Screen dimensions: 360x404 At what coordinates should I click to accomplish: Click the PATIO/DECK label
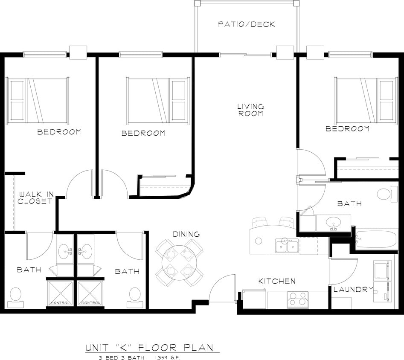pos(247,24)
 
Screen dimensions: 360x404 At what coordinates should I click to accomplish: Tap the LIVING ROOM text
pos(251,110)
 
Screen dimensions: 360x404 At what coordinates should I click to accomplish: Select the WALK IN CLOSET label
pos(35,197)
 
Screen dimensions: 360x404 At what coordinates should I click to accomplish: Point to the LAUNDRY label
pos(353,290)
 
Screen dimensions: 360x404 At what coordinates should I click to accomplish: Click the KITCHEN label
pos(276,281)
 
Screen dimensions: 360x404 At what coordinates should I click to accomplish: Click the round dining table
pos(179,262)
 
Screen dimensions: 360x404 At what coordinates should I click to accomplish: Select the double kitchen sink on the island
pos(287,246)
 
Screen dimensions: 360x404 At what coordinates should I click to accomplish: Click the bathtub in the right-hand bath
pos(376,241)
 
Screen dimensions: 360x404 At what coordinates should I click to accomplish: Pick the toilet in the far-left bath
pos(16,296)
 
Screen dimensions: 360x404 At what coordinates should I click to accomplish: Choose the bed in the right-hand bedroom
pos(366,99)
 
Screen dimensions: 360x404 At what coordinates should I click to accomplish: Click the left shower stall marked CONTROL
pos(60,293)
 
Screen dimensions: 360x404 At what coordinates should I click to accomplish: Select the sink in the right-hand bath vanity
pos(333,223)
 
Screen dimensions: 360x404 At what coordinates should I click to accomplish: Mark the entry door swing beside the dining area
pos(222,288)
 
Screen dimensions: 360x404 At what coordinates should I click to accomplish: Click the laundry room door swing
pos(343,272)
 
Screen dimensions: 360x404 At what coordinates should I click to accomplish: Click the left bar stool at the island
pos(259,221)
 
